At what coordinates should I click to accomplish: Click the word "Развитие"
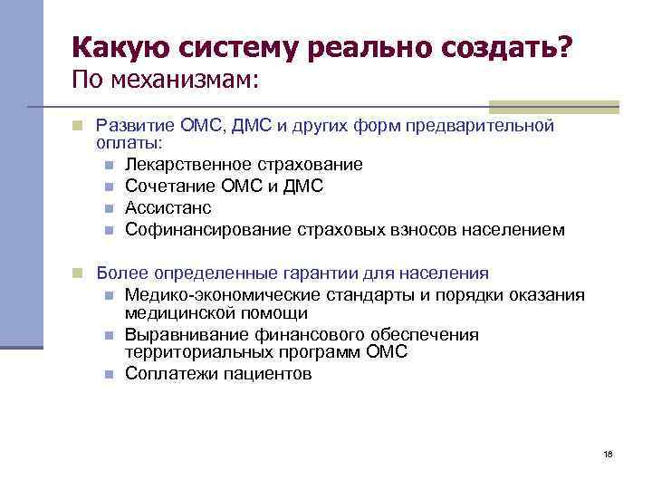click(x=132, y=125)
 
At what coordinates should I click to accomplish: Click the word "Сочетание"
click(x=168, y=186)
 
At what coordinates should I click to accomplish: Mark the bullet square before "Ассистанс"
click(x=108, y=208)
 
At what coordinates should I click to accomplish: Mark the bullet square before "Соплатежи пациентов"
click(x=108, y=374)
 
